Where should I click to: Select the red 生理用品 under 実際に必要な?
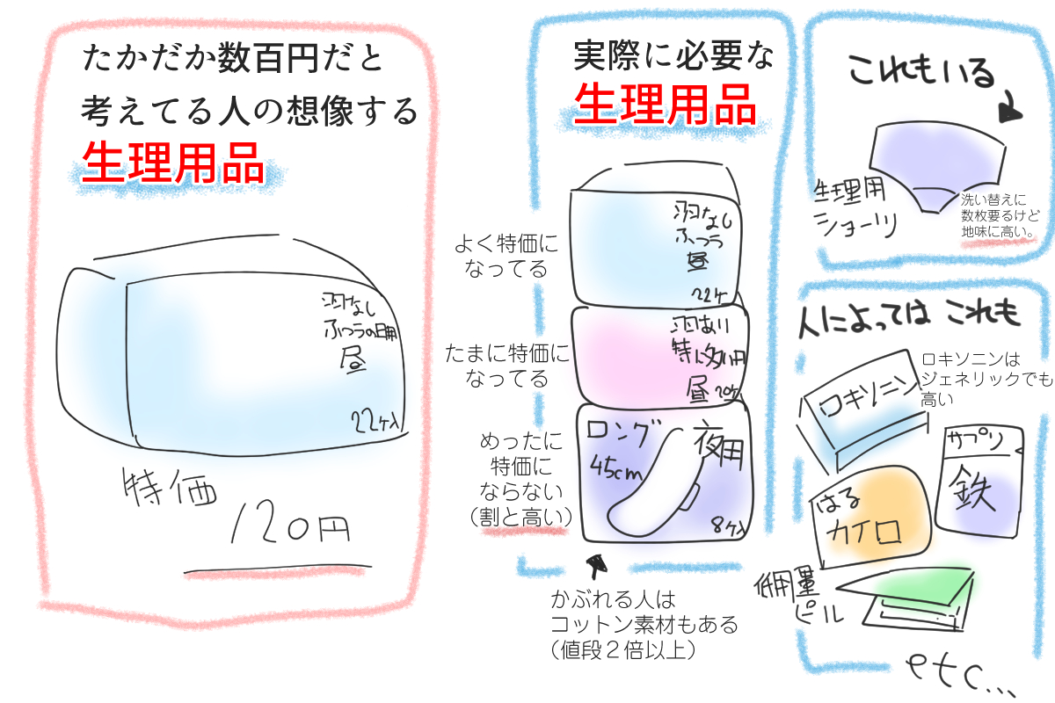665,103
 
